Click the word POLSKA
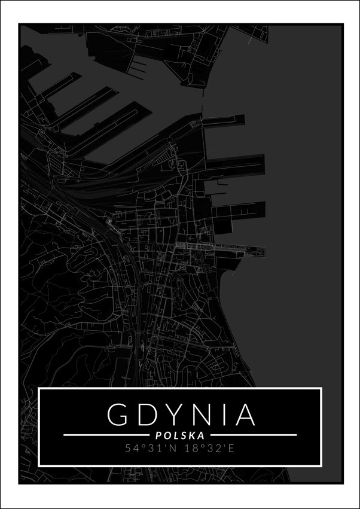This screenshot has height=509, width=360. (180, 435)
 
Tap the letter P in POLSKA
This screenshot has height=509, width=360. (158, 435)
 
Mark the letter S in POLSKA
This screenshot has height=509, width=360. (183, 435)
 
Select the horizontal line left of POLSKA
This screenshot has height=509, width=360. (105, 435)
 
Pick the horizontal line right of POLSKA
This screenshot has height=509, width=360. (254, 435)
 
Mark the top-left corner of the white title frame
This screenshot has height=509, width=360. (39, 388)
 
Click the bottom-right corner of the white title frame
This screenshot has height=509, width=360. (322, 465)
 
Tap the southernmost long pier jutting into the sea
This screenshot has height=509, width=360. (239, 251)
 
